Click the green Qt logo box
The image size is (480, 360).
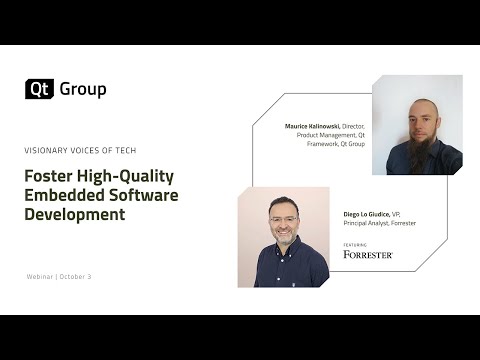click(x=39, y=89)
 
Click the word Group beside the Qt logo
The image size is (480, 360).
click(x=82, y=89)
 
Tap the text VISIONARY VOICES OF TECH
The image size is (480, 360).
click(x=80, y=150)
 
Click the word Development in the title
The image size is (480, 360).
click(x=75, y=214)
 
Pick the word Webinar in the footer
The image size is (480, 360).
click(x=41, y=276)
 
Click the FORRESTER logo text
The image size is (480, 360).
click(x=368, y=254)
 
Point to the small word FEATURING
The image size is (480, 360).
click(x=354, y=243)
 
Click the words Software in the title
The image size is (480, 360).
click(x=145, y=195)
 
